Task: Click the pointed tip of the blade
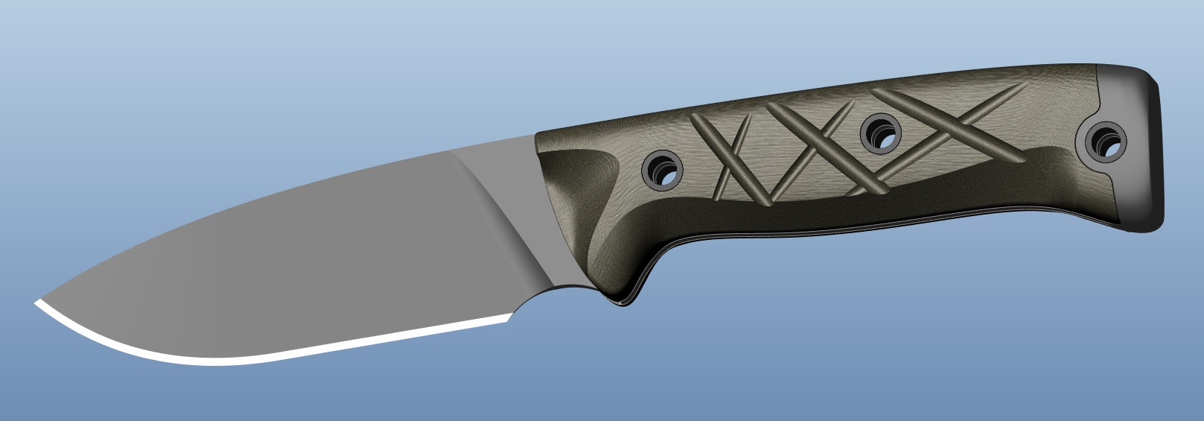[x=36, y=302]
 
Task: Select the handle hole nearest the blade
[x=662, y=169]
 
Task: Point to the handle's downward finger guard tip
[x=622, y=302]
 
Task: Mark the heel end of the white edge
[x=508, y=318]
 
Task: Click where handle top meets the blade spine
[x=535, y=135]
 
